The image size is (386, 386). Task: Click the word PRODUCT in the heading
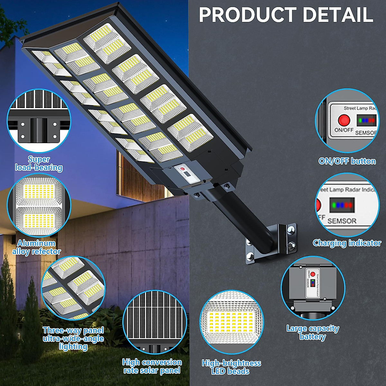(248, 15)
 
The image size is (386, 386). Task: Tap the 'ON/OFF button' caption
(347, 161)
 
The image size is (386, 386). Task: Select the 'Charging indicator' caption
(347, 243)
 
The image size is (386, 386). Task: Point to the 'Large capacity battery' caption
(313, 332)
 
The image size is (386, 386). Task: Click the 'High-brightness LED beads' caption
(231, 367)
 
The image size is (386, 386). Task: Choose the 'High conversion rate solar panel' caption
(152, 366)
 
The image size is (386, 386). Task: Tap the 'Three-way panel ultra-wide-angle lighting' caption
(73, 338)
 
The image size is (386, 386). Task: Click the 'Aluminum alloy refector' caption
(36, 247)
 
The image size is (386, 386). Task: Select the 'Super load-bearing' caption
(39, 163)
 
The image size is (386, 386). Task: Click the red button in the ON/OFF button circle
(344, 120)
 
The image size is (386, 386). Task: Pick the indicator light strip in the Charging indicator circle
(342, 205)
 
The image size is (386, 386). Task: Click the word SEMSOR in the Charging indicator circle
(342, 221)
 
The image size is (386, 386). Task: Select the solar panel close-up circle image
(155, 322)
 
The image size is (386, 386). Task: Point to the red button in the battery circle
(313, 274)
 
